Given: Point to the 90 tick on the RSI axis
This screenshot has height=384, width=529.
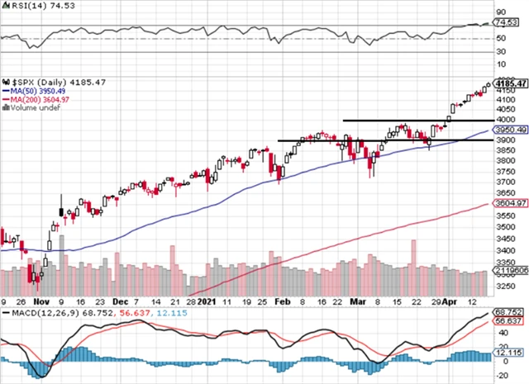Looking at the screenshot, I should point(501,12).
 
